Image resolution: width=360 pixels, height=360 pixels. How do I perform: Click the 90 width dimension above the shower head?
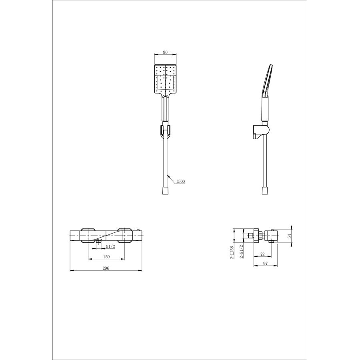tap(165, 52)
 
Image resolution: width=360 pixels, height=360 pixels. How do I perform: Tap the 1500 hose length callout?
tap(180, 181)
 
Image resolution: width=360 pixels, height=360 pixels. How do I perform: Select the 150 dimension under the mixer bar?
tap(106, 257)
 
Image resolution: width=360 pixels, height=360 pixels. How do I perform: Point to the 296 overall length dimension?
tap(106, 268)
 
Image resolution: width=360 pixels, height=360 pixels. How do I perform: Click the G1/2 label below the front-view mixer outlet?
tap(110, 246)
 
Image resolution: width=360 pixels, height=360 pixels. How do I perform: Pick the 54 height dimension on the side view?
tap(290, 236)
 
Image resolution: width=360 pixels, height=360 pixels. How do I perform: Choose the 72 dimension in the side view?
tap(263, 254)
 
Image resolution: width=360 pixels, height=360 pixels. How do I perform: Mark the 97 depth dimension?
tap(266, 263)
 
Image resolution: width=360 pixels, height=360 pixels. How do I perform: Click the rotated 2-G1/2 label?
tap(242, 252)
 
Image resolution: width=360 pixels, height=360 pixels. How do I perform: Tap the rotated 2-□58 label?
tap(232, 252)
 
